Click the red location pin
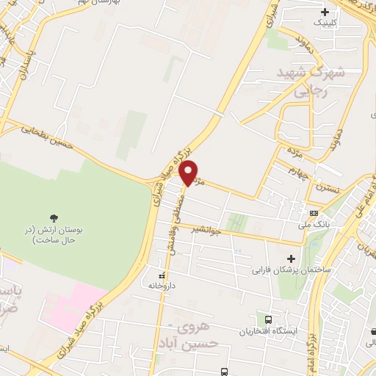(x=189, y=172)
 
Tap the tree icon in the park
(x=54, y=217)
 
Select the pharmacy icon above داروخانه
(x=162, y=275)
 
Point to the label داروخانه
(x=160, y=285)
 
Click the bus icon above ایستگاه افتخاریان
(x=268, y=320)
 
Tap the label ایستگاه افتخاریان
(x=267, y=331)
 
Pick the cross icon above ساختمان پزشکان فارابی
(x=292, y=258)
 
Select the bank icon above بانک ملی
(x=314, y=213)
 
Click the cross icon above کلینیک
(x=325, y=12)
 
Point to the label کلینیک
(x=328, y=23)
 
